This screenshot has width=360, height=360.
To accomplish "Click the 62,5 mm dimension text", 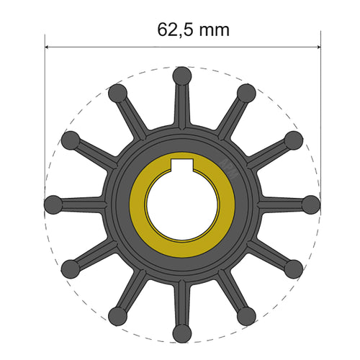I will pyautogui.click(x=193, y=30).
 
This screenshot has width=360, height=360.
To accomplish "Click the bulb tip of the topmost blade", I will pyautogui.click(x=182, y=74).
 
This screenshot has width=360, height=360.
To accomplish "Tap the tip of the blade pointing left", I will pyautogui.click(x=53, y=205).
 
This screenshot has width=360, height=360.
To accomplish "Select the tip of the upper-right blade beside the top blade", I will pyautogui.click(x=246, y=92).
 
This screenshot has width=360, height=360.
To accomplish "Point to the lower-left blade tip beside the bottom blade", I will pyautogui.click(x=117, y=314).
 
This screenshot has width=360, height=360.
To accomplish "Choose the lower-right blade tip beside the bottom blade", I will pyautogui.click(x=246, y=314).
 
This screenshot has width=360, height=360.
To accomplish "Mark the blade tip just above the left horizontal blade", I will pyautogui.click(x=71, y=140).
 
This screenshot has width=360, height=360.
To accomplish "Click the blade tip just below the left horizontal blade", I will pyautogui.click(x=70, y=269).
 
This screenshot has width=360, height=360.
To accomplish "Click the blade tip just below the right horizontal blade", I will pyautogui.click(x=293, y=269).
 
